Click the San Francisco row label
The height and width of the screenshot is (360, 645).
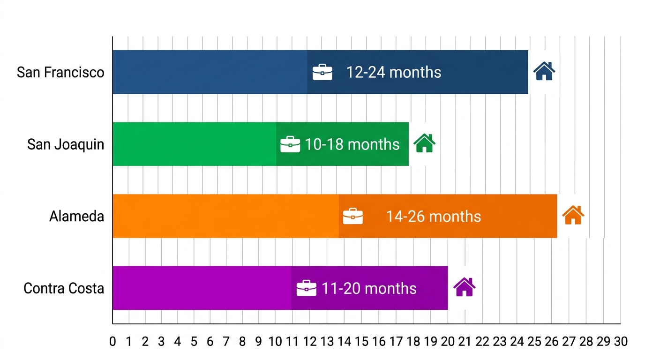tap(60, 72)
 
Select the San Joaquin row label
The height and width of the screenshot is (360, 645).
tap(66, 144)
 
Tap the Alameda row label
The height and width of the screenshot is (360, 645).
tap(77, 217)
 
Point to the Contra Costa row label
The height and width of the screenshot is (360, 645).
tap(64, 288)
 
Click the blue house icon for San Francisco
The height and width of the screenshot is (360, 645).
tap(544, 71)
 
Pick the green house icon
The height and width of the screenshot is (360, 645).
tap(424, 143)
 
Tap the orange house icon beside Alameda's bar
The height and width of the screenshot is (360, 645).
tap(573, 216)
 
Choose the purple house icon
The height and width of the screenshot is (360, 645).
tap(464, 287)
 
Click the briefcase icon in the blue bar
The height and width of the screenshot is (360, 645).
tap(322, 72)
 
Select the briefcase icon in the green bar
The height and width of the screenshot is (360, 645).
tap(290, 144)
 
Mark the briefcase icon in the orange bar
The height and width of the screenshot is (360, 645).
tap(352, 216)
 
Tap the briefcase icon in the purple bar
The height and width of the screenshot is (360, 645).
tap(307, 288)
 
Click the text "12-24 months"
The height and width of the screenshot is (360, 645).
tap(394, 72)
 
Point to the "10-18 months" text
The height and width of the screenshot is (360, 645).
tap(352, 144)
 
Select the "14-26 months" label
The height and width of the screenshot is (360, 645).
tap(433, 217)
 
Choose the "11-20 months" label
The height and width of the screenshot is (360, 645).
tap(369, 288)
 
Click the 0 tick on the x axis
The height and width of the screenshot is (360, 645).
tap(112, 342)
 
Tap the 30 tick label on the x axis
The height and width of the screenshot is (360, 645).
tap(620, 342)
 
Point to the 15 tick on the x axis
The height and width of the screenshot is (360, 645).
tap(361, 342)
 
